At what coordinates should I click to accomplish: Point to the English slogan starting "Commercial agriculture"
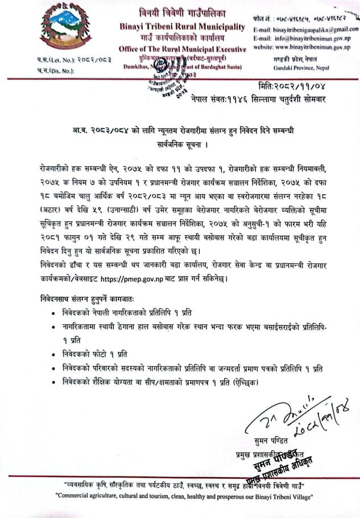(x=180, y=495)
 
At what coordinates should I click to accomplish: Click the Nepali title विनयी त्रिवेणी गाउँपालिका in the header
(x=181, y=14)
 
